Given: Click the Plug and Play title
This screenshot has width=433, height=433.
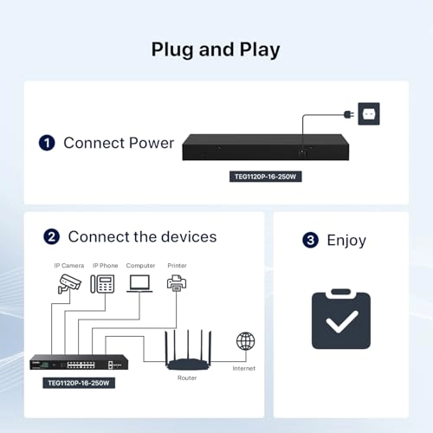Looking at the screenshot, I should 216,48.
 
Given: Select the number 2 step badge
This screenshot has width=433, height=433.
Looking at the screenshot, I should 52,236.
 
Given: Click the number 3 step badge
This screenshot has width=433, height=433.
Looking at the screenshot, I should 310,240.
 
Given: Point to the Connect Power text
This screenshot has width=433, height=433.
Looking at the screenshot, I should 119,142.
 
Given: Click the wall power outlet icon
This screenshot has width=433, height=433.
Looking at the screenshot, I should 369,113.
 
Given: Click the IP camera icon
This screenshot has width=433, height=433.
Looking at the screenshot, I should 69,283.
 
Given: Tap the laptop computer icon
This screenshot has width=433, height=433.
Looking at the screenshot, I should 140,282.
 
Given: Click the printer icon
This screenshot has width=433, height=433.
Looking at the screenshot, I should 177,282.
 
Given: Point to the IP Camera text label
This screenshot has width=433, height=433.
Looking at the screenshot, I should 69,265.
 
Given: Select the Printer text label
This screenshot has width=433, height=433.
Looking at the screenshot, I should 177,265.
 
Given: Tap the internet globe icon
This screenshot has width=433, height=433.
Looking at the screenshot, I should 246,341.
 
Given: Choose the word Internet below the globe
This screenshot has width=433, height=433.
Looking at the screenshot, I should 244,368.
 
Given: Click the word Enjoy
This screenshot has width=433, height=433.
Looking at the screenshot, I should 346,240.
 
